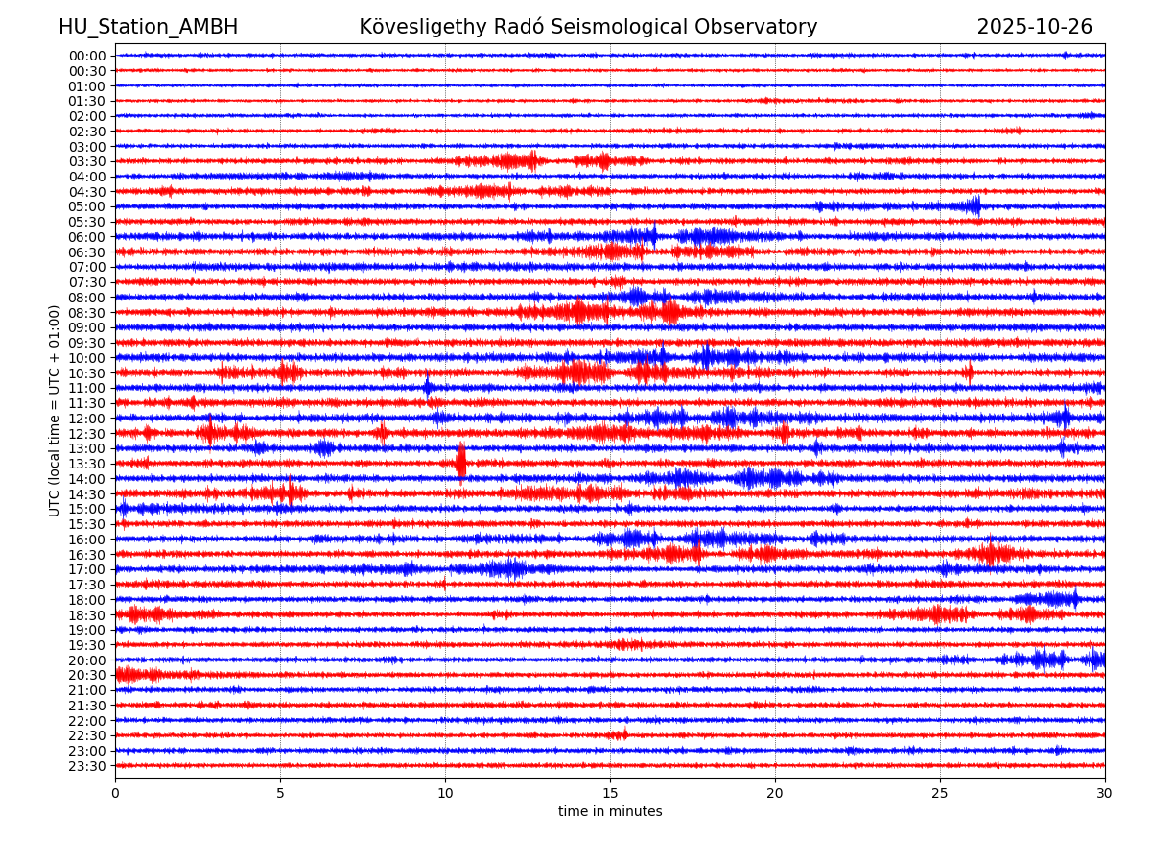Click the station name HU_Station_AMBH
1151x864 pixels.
pyautogui.click(x=148, y=27)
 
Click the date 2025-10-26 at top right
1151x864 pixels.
pyautogui.click(x=1034, y=27)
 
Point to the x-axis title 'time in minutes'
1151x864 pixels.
pyautogui.click(x=610, y=812)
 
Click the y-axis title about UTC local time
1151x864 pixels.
pyautogui.click(x=55, y=410)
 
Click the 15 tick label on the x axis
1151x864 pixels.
pyautogui.click(x=610, y=794)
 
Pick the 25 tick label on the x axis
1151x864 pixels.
pyautogui.click(x=940, y=794)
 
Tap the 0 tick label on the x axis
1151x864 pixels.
pyautogui.click(x=115, y=794)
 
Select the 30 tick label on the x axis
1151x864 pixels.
pyautogui.click(x=1105, y=794)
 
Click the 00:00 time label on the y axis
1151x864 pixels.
pyautogui.click(x=86, y=56)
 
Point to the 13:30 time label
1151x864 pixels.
pyautogui.click(x=86, y=464)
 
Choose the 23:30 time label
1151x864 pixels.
pyautogui.click(x=86, y=766)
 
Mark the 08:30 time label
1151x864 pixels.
pyautogui.click(x=86, y=313)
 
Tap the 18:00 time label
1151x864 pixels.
pyautogui.click(x=86, y=600)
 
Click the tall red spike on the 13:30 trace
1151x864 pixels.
pyautogui.click(x=460, y=462)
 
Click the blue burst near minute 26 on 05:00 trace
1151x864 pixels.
pyautogui.click(x=975, y=206)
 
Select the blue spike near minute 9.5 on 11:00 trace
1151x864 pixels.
pyautogui.click(x=428, y=388)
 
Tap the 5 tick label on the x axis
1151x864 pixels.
pyautogui.click(x=280, y=794)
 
